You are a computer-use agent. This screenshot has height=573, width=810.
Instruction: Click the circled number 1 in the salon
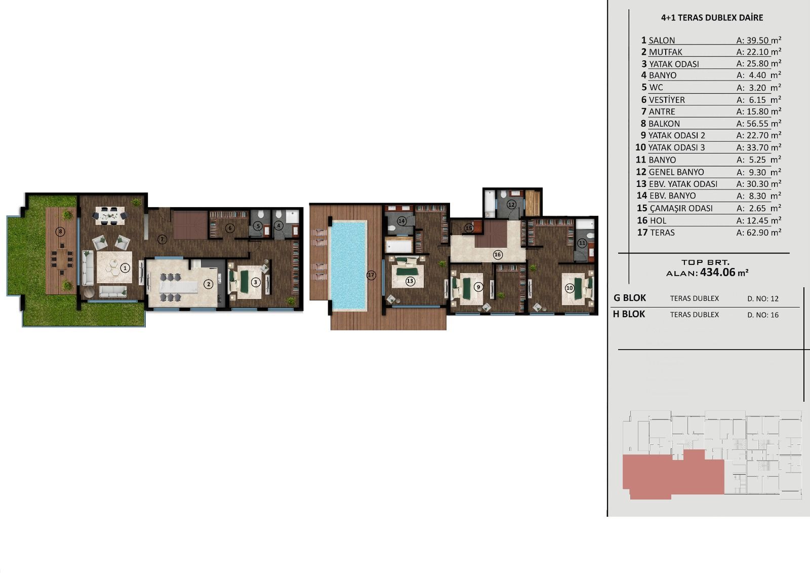[125, 268]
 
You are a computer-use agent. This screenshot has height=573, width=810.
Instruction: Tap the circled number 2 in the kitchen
[208, 284]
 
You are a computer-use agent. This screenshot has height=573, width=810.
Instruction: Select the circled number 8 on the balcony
[60, 232]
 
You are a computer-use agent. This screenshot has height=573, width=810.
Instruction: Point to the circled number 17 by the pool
[371, 275]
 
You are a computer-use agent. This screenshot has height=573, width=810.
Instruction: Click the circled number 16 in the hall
[498, 255]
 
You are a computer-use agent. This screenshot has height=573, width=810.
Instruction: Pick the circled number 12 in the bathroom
[511, 205]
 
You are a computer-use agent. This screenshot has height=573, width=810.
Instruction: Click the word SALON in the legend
[662, 40]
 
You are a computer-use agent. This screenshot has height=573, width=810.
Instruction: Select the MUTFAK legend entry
[665, 52]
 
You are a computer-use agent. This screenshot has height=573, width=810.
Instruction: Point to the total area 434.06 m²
[724, 272]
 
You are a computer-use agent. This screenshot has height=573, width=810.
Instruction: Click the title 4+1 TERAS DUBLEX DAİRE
[712, 18]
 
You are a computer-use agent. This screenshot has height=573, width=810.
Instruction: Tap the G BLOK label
[630, 298]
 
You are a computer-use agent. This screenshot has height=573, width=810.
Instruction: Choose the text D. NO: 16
[763, 315]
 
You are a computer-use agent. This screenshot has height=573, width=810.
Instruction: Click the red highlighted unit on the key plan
[673, 474]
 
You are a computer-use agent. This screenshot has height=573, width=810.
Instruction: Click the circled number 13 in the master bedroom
[410, 281]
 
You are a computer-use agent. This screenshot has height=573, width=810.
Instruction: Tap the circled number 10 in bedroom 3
[570, 288]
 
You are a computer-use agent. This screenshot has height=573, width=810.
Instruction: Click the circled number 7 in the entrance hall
[162, 239]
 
